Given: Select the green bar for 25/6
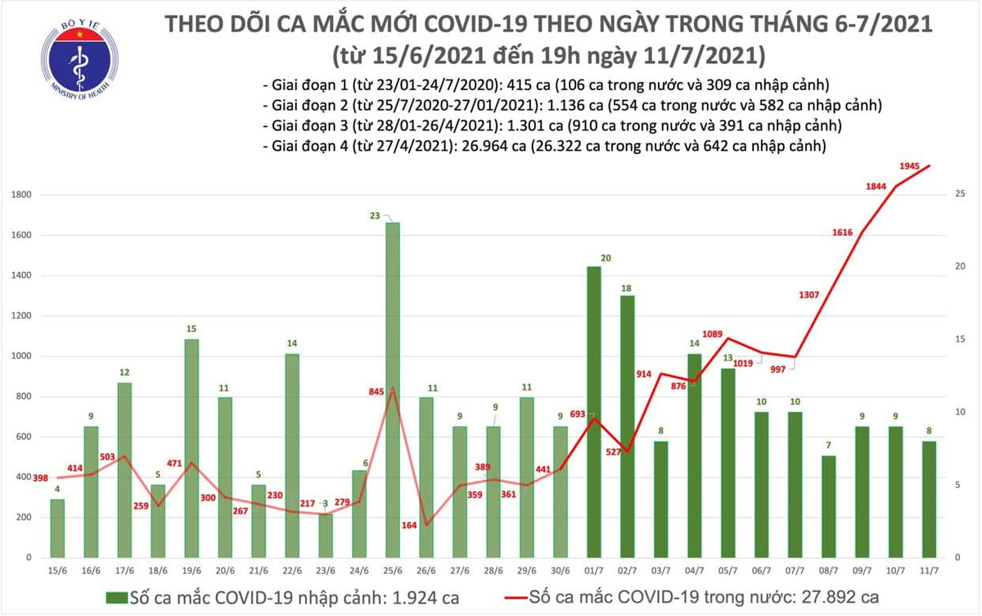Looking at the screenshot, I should (392, 389).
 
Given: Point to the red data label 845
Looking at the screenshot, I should (377, 391).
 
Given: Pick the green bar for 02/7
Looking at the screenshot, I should (627, 426).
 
